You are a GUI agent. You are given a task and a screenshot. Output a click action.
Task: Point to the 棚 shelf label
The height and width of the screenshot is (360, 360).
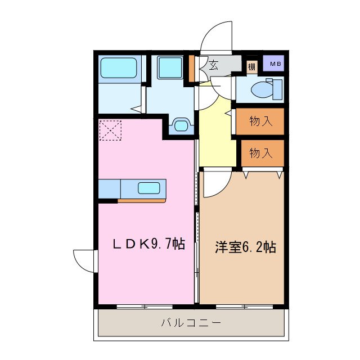[251, 67]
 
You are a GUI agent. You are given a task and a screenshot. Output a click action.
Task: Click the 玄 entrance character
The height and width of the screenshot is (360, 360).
[214, 65]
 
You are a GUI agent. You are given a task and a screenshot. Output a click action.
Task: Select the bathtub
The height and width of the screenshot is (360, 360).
[119, 69]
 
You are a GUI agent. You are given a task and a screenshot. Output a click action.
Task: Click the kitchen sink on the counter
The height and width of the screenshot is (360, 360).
[149, 188]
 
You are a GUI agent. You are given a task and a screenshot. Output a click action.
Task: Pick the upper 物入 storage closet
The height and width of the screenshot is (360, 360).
[260, 121]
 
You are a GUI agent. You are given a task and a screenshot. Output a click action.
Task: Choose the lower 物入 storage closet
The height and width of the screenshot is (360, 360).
[262, 152]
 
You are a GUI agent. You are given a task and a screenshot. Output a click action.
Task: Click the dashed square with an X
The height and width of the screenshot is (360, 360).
[110, 131]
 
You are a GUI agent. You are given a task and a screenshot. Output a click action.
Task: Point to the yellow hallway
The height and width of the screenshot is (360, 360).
[216, 138]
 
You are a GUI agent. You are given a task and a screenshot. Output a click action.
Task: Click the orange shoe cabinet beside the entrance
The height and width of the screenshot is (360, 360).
[192, 67]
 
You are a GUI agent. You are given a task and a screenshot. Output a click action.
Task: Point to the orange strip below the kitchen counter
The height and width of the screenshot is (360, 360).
[142, 200]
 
